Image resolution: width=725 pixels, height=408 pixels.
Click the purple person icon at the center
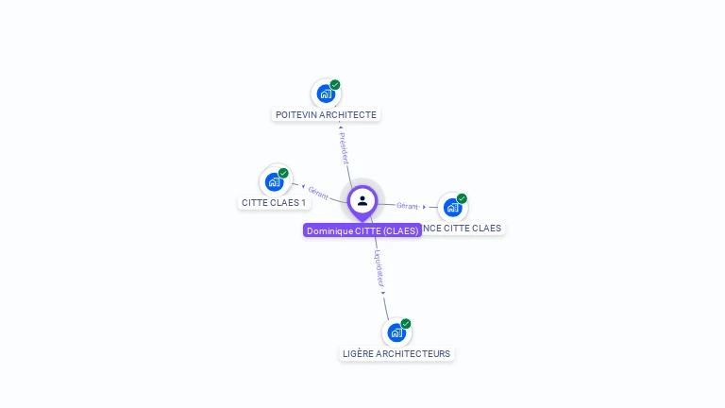[x=362, y=200]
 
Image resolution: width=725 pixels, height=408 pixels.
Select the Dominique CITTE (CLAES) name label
[x=362, y=230]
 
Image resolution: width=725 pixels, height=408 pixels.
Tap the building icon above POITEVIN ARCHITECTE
[x=326, y=93]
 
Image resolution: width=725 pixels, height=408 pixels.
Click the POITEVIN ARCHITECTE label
[x=326, y=115]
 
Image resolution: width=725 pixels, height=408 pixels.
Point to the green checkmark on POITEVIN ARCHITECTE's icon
[x=335, y=85]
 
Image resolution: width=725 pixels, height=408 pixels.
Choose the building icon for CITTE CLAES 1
[x=274, y=181]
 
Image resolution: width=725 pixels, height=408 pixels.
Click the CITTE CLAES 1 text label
[x=274, y=203]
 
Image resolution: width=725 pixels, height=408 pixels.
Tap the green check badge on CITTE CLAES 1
[x=283, y=173]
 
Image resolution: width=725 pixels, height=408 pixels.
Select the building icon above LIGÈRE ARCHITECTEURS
[x=396, y=332]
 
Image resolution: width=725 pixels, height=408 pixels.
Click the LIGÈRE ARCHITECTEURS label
[x=396, y=354]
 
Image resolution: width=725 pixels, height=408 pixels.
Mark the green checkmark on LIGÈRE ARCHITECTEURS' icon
[x=406, y=324]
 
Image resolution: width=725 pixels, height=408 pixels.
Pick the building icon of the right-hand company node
[x=453, y=207]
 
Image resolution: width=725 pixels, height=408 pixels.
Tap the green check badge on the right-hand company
[x=462, y=198]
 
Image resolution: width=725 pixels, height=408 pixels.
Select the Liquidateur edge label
[x=379, y=268]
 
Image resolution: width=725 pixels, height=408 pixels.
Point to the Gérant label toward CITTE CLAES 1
[x=318, y=193]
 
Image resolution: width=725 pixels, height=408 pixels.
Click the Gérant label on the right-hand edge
[x=407, y=205]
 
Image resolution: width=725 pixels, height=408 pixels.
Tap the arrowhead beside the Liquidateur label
[x=383, y=293]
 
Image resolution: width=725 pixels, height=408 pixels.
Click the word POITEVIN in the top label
[x=296, y=115]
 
